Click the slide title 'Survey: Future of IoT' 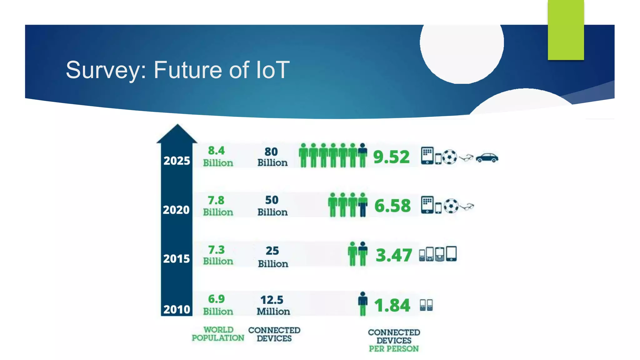coord(177,70)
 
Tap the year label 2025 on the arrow coord(177,161)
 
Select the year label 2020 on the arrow coord(176,210)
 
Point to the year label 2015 coord(176,259)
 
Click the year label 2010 coord(177,309)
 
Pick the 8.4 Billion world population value coord(218,157)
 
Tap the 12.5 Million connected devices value coord(273,305)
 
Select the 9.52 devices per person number coord(391,157)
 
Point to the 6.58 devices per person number coord(392,206)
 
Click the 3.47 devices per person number coord(393,255)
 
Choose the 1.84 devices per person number coord(392,305)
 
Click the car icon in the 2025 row coord(487,158)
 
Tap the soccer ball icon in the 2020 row coord(451,206)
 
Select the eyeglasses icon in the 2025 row coord(466,158)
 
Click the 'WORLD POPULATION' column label coord(218,334)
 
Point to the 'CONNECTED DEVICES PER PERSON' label coord(394,340)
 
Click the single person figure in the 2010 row coord(362,303)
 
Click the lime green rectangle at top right coord(566,30)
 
